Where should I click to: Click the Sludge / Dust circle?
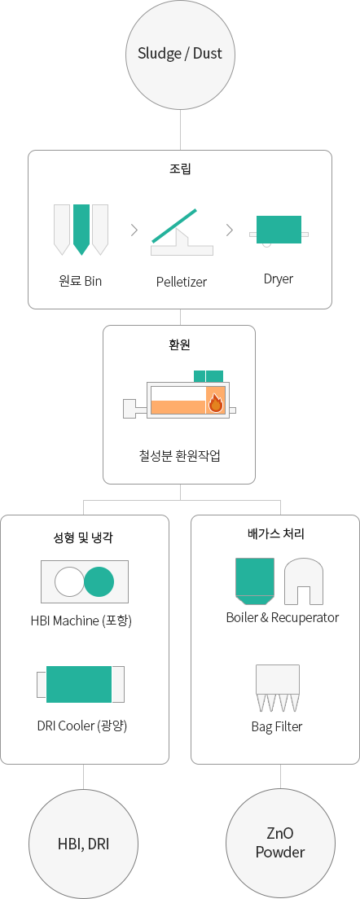pyautogui.click(x=180, y=55)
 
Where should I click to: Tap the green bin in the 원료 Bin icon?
pyautogui.click(x=81, y=229)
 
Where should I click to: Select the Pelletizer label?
pyautogui.click(x=181, y=282)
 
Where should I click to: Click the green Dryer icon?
pyautogui.click(x=279, y=230)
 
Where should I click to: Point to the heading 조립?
pyautogui.click(x=180, y=169)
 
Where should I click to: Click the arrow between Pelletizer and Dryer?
pyautogui.click(x=230, y=230)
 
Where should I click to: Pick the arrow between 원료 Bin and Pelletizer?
pyautogui.click(x=134, y=230)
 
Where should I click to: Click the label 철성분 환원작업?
pyautogui.click(x=179, y=456)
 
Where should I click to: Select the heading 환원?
pyautogui.click(x=180, y=345)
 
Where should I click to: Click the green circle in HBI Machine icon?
pyautogui.click(x=99, y=581)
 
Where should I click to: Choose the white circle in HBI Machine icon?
pyautogui.click(x=70, y=581)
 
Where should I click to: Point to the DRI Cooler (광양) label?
pyautogui.click(x=82, y=726)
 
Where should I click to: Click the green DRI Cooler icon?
pyautogui.click(x=79, y=684)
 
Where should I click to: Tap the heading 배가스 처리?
pyautogui.click(x=280, y=534)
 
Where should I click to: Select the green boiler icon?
pyautogui.click(x=254, y=581)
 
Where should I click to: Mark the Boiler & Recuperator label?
pyautogui.click(x=282, y=617)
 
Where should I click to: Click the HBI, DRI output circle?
pyautogui.click(x=84, y=844)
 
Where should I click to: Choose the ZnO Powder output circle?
pyautogui.click(x=280, y=844)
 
